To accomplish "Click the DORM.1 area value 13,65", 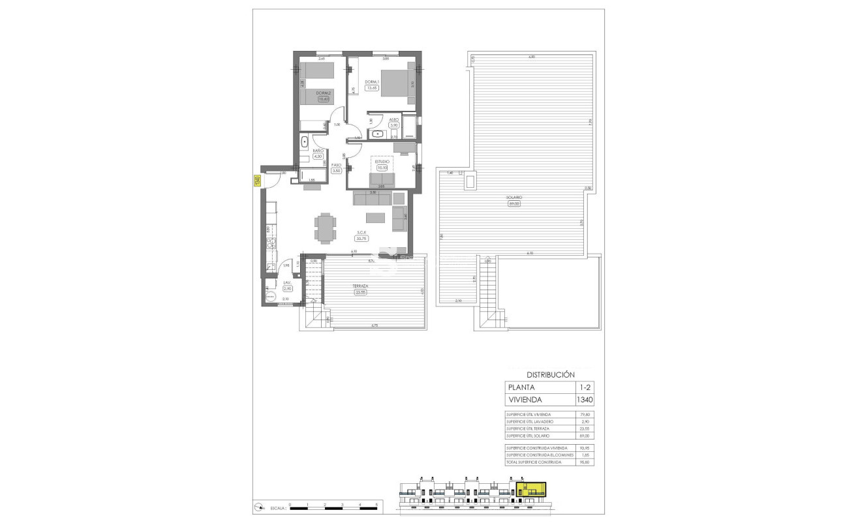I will coord(373,88).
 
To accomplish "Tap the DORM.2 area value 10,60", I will coord(323,100).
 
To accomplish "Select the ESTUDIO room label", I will coord(382,161).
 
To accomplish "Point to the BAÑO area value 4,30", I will coord(318,157).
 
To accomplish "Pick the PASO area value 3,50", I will coord(337,171).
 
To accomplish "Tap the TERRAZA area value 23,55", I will coord(360,292).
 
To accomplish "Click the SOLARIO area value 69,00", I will coord(514,203).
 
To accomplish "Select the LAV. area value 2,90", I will coord(287,288).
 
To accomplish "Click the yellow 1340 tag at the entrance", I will coord(256,181).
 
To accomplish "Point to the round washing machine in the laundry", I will coord(270,295).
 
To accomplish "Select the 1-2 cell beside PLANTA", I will coord(585,387).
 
